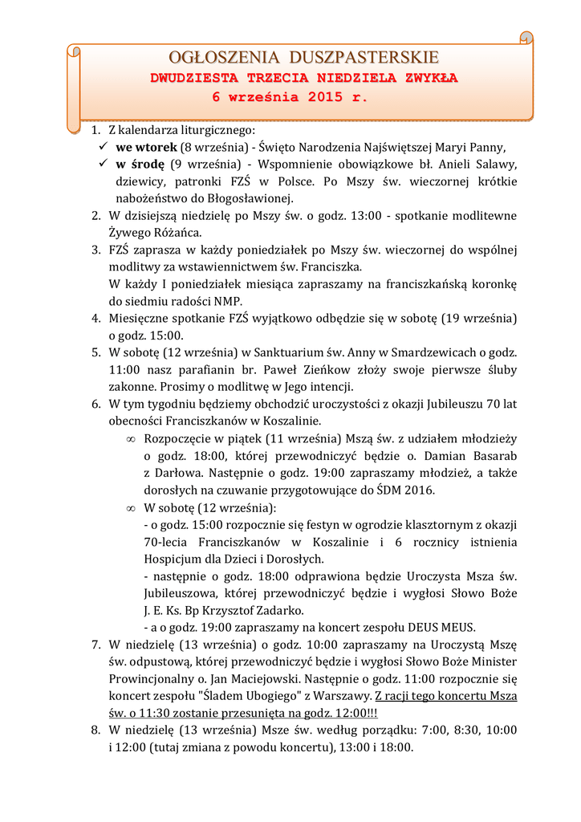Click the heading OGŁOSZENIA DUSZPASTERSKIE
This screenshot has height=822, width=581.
(x=304, y=57)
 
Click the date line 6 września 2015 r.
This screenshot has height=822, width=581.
(x=290, y=97)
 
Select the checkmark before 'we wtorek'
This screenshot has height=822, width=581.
(x=103, y=147)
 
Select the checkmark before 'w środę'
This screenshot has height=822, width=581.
(x=103, y=164)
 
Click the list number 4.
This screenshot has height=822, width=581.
(x=95, y=318)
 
